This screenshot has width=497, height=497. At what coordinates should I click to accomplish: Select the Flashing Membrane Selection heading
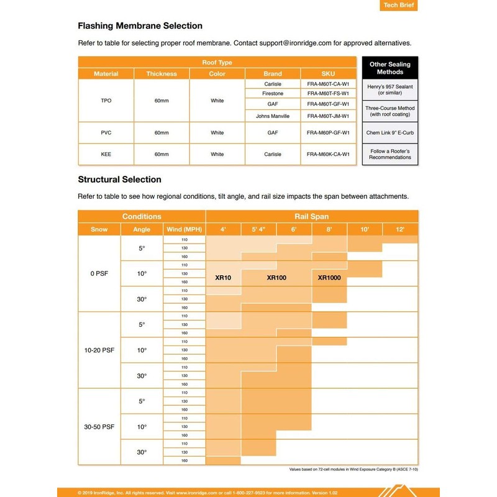(140, 26)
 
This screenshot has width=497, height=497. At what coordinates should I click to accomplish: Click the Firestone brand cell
(273, 93)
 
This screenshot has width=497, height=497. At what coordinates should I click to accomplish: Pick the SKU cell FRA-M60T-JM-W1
(328, 116)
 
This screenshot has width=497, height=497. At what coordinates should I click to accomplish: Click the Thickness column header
(162, 74)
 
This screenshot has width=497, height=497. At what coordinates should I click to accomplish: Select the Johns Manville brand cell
(273, 116)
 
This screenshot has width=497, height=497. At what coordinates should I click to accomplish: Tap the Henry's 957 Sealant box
(390, 89)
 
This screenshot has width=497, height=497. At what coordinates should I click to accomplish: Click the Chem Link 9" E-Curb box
(390, 132)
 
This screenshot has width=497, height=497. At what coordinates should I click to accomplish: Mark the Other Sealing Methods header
(390, 68)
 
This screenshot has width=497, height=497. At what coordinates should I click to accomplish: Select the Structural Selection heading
(119, 180)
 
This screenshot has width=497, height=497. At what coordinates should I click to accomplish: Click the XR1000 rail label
(329, 278)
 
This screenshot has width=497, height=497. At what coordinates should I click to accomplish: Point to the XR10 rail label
(223, 278)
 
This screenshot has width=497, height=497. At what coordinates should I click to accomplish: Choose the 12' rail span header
(399, 229)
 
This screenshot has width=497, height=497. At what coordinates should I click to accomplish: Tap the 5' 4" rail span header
(259, 229)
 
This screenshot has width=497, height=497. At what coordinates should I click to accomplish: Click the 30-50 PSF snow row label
(99, 427)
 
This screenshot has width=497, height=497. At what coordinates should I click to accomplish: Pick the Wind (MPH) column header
(184, 229)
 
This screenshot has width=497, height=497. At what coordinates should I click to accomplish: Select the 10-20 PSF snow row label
(99, 350)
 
